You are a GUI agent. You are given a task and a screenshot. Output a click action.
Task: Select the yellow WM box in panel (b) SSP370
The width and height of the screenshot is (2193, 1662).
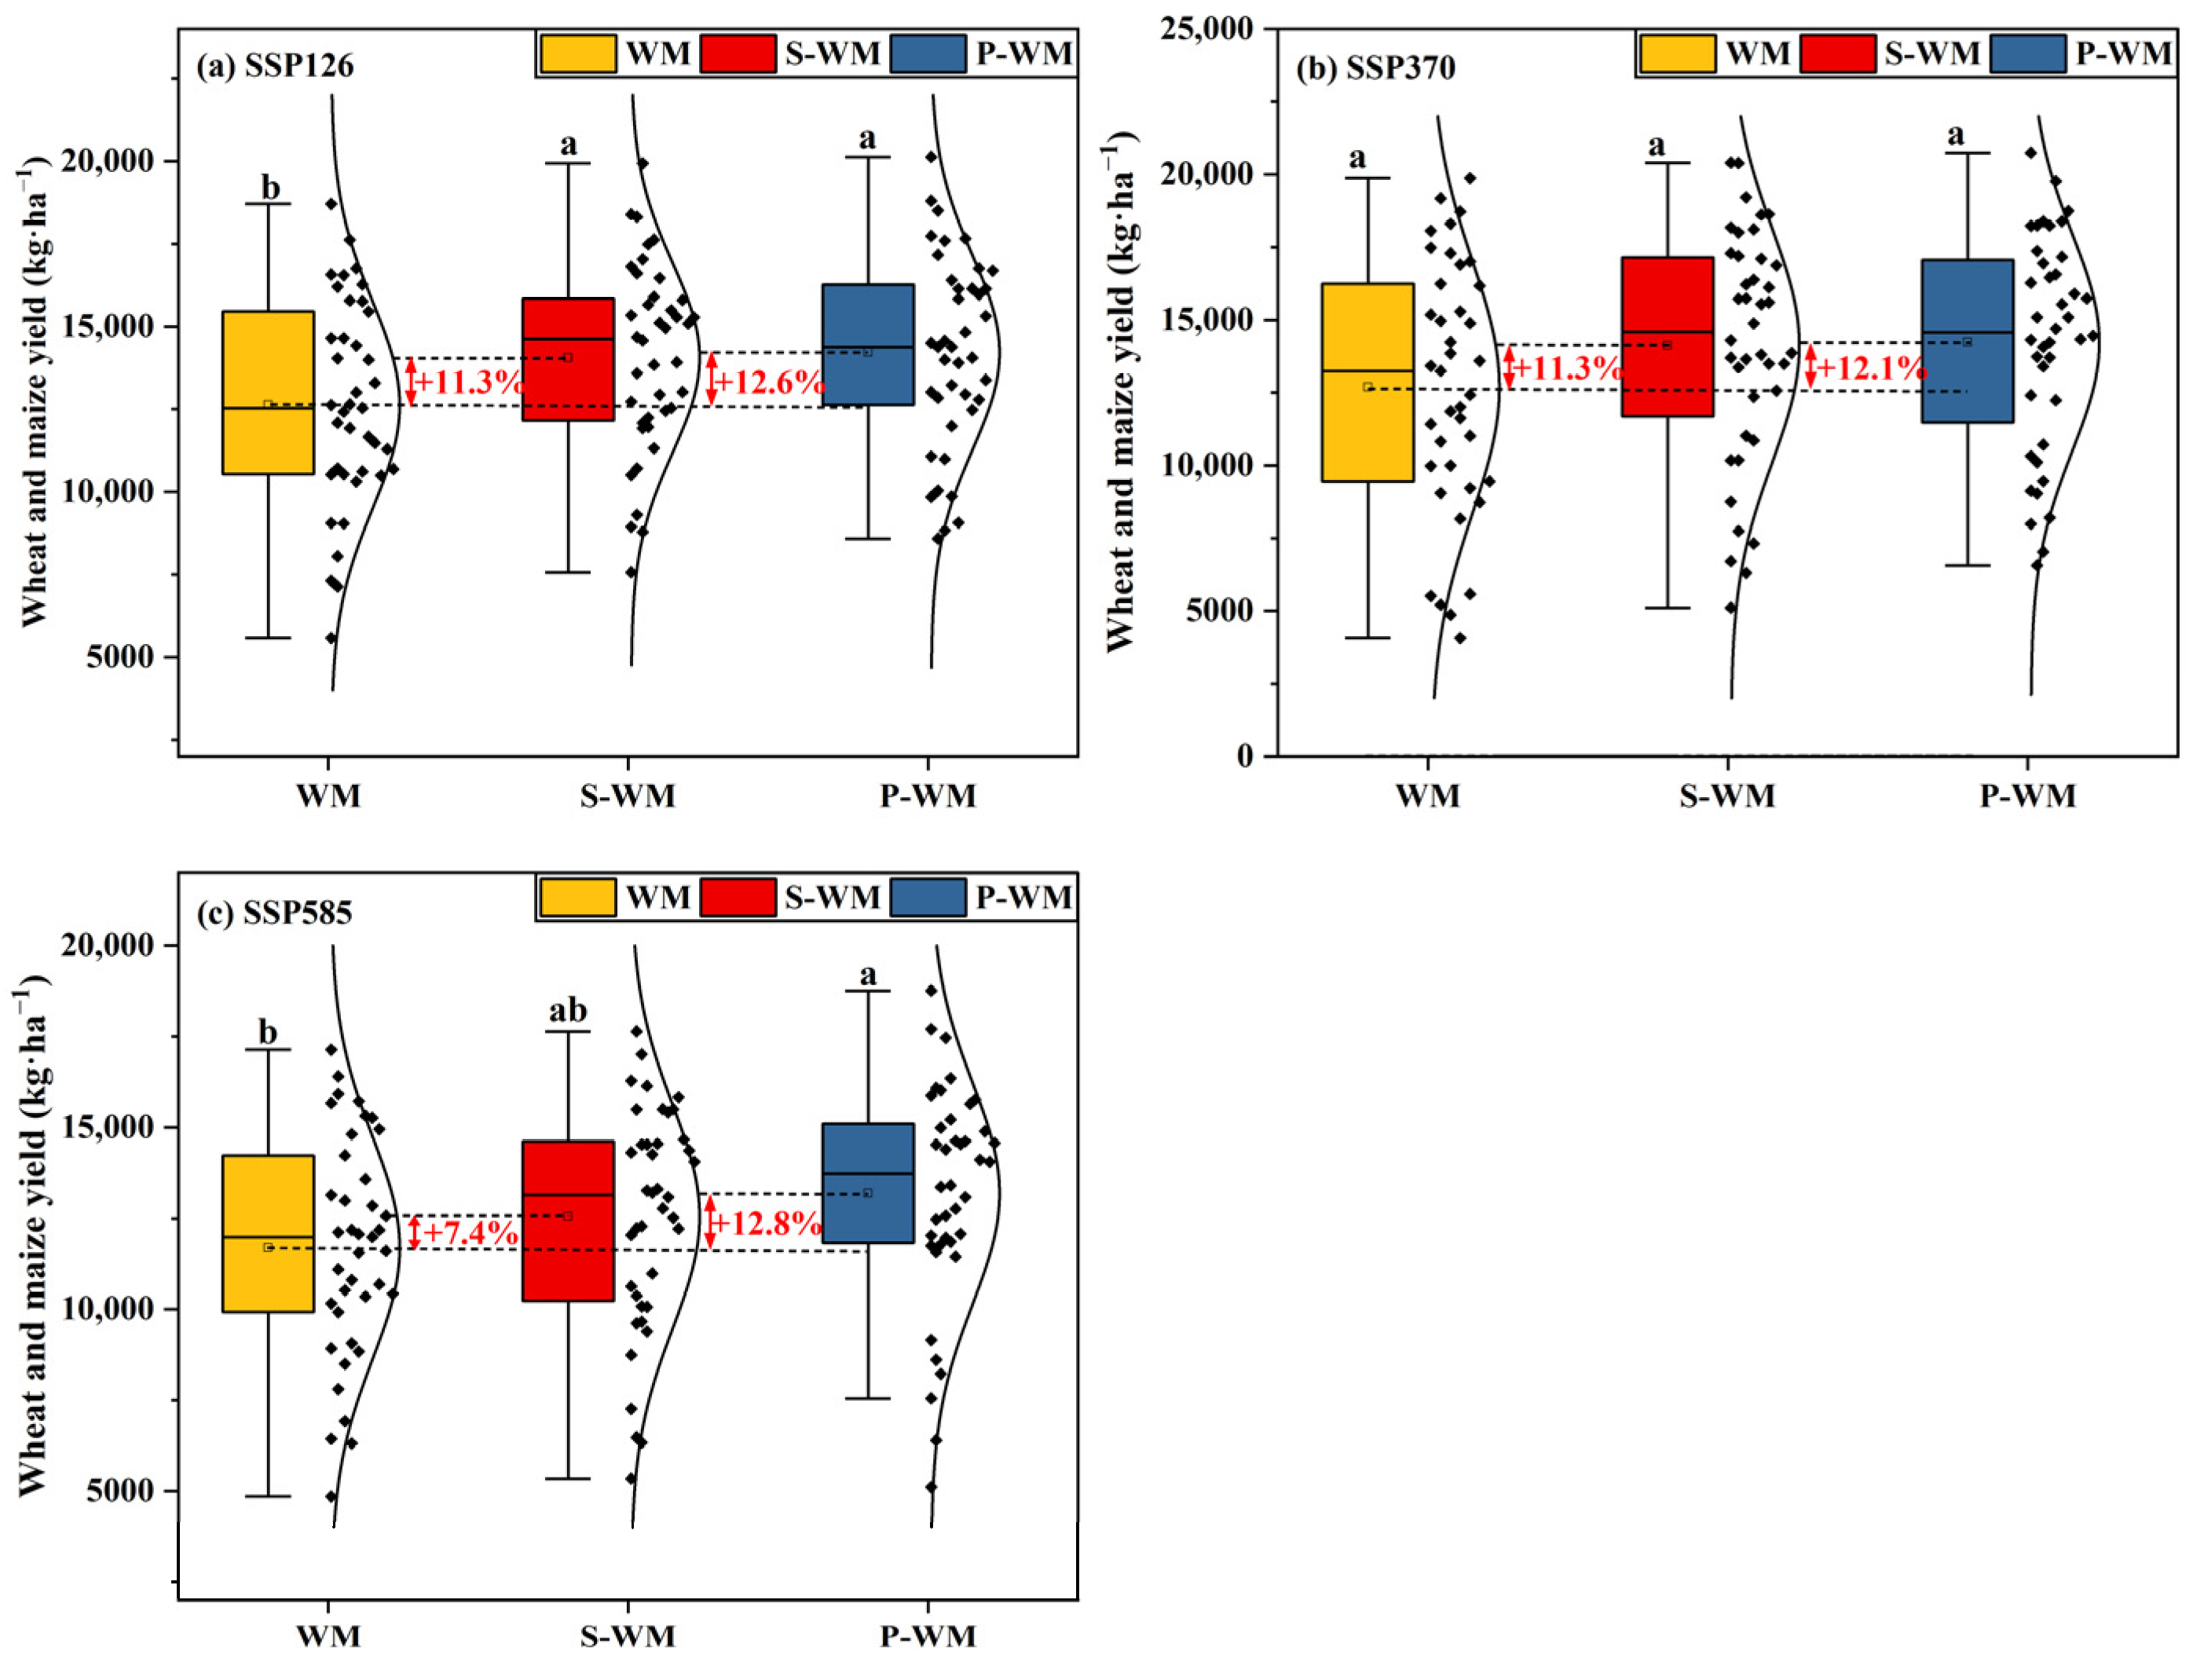pos(1368,382)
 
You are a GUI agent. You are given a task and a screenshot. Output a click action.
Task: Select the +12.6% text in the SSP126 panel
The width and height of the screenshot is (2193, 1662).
pos(769,382)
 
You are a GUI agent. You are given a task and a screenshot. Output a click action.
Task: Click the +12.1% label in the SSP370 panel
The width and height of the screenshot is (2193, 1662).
pos(1872,369)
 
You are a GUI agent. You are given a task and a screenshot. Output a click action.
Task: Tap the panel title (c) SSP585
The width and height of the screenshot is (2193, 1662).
pos(275,911)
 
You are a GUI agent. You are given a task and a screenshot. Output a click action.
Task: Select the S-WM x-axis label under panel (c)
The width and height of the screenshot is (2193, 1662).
pos(628,1635)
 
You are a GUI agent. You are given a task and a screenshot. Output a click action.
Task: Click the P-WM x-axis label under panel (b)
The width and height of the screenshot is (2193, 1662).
pos(2027,796)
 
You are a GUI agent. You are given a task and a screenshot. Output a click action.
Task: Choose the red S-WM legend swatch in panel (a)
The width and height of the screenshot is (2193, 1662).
pos(738,53)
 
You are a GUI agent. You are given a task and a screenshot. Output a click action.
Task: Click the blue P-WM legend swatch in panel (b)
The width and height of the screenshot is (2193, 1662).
pos(2028,53)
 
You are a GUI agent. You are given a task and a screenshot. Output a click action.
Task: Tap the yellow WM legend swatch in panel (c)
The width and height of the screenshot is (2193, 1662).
pos(577,898)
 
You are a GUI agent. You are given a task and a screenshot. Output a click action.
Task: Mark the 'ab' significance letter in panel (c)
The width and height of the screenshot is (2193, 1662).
pos(567,1011)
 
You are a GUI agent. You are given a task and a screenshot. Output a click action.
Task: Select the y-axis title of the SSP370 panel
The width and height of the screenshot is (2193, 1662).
pos(1120,397)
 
